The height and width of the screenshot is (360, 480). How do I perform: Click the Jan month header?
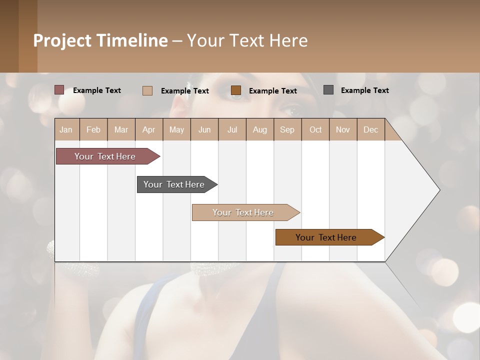pos(66,129)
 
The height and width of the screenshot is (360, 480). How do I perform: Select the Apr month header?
pos(148,129)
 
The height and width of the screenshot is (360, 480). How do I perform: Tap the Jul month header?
pos(232,129)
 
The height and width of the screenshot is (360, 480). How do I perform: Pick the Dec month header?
pos(370,129)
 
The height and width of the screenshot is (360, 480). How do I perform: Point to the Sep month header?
pos(287,129)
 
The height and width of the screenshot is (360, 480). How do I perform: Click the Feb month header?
pos(93,129)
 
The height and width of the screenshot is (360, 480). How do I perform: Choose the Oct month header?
pos(315,129)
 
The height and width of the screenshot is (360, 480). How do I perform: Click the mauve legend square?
pos(59,90)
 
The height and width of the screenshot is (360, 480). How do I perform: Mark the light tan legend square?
pos(147,90)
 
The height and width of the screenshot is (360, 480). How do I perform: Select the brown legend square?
pos(236,90)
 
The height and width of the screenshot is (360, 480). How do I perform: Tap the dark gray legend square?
pos(328,90)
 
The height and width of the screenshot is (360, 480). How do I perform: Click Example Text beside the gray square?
pos(365,90)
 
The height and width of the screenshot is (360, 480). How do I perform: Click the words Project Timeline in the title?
pos(100,40)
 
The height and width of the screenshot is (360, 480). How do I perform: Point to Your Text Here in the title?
pos(247,40)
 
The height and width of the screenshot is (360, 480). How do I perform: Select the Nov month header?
pos(343,129)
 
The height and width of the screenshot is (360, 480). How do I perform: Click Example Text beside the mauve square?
pos(97,90)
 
